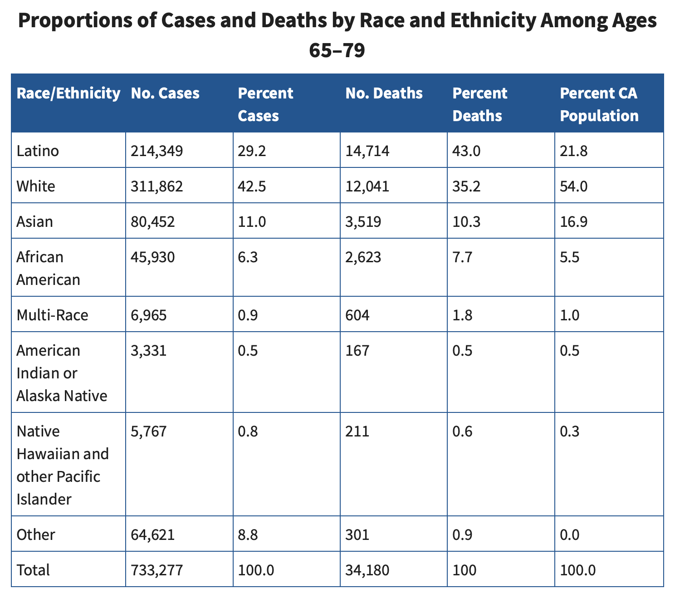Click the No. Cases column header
point(165,93)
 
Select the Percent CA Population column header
point(599,104)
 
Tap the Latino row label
point(38,151)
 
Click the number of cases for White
point(157,186)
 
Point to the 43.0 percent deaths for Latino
point(466,151)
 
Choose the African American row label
point(48,268)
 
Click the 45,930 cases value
point(152,257)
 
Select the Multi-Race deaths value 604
point(357,315)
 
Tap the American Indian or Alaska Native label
point(62,373)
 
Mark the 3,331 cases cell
point(149,350)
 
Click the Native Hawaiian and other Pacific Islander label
point(63,465)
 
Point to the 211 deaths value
point(357,431)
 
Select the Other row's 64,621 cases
point(152,534)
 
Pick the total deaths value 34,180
point(367,570)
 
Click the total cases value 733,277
point(157,570)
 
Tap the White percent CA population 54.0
point(574,186)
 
